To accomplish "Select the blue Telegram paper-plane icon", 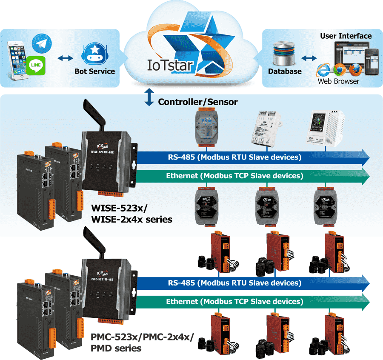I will [x=41, y=43].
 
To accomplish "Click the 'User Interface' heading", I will [x=346, y=36].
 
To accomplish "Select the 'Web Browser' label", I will [x=338, y=81].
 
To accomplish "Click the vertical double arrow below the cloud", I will [x=149, y=97].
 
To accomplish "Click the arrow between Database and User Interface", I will [x=309, y=57].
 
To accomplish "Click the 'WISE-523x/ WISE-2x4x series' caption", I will [x=132, y=214].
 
